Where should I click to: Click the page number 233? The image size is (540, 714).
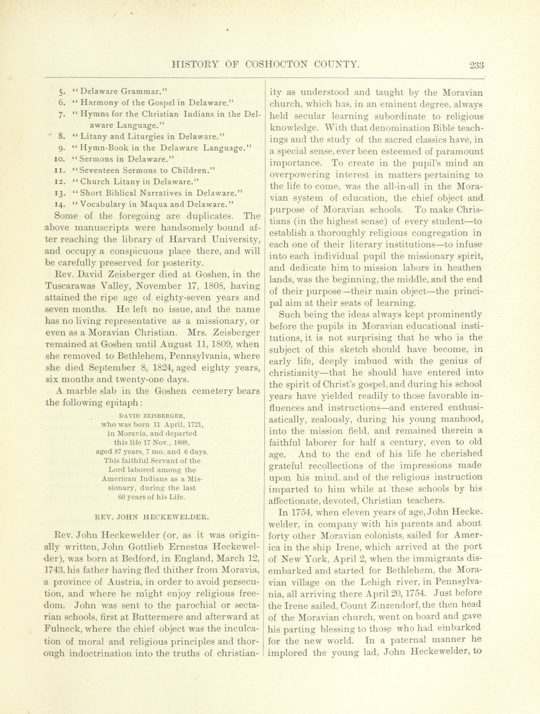pos(477,66)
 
